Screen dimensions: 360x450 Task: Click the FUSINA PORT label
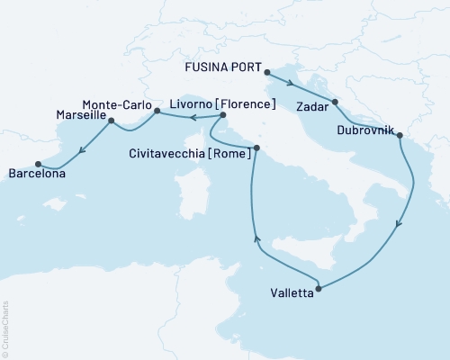tap(223, 68)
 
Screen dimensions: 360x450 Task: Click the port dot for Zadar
tap(335, 102)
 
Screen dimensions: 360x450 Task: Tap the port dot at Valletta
tap(320, 288)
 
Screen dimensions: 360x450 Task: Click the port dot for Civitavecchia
tap(256, 148)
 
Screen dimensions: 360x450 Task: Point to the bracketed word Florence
tap(246, 104)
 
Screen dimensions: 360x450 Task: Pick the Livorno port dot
tap(223, 115)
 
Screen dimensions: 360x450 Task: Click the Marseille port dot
tap(112, 118)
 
